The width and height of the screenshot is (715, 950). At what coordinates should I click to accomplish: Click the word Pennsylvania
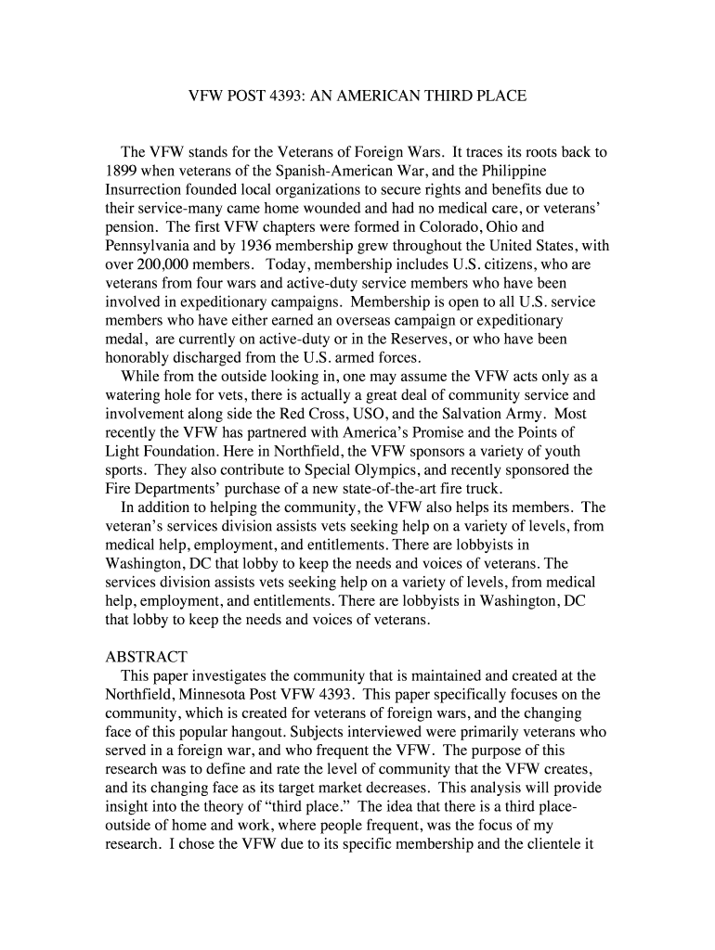click(149, 246)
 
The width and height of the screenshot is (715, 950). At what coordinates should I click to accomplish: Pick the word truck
click(480, 489)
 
